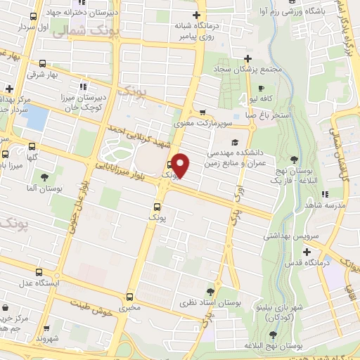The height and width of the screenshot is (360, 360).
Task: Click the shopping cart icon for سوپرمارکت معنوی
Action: click(203, 112)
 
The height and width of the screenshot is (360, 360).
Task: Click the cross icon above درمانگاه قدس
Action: click(307, 252)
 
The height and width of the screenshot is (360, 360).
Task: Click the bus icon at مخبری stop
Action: click(129, 297)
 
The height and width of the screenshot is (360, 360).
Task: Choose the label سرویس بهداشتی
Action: click(287, 236)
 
